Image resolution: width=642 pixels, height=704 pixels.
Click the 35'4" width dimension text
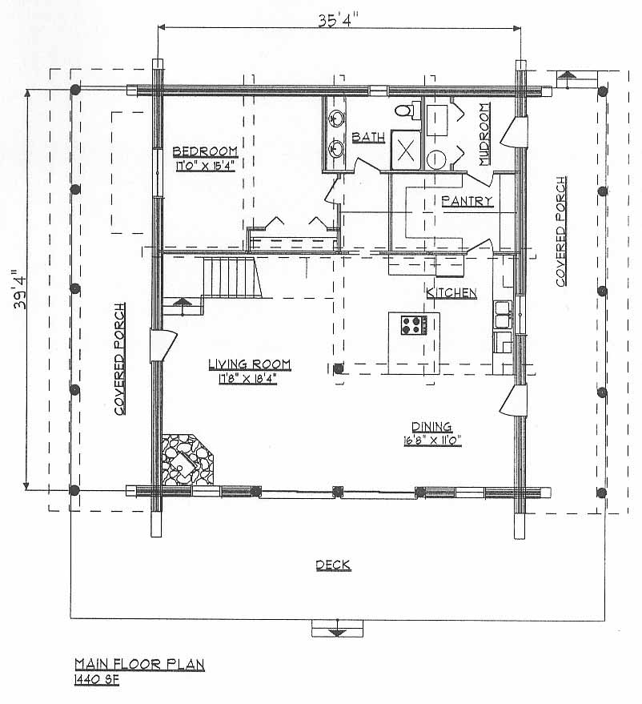tap(339, 20)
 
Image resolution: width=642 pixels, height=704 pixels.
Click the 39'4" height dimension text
tap(20, 290)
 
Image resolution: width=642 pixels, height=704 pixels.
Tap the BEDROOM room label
tap(205, 151)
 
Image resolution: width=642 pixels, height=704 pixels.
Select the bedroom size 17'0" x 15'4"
tap(205, 166)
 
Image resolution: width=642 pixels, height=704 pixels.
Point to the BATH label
tap(368, 137)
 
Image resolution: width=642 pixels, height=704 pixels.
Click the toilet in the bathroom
tap(407, 110)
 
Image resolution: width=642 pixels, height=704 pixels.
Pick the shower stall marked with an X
tap(406, 150)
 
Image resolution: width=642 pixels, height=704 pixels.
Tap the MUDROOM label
tap(484, 135)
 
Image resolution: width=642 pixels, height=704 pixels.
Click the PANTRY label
tap(467, 201)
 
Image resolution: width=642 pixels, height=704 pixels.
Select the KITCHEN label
tap(451, 293)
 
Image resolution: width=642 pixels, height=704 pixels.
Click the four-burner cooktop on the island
tap(414, 325)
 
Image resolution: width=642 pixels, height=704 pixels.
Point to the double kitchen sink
tap(503, 315)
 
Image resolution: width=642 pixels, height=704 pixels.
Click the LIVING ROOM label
tap(250, 364)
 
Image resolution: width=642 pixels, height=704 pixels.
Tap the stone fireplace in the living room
tap(187, 459)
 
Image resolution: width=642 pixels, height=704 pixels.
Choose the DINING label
tap(431, 427)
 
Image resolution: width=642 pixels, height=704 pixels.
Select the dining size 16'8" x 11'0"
tap(432, 441)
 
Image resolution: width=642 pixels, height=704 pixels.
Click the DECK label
tap(333, 565)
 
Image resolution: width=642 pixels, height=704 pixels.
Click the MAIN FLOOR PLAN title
tap(139, 664)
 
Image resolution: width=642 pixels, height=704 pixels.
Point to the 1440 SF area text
tap(97, 680)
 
